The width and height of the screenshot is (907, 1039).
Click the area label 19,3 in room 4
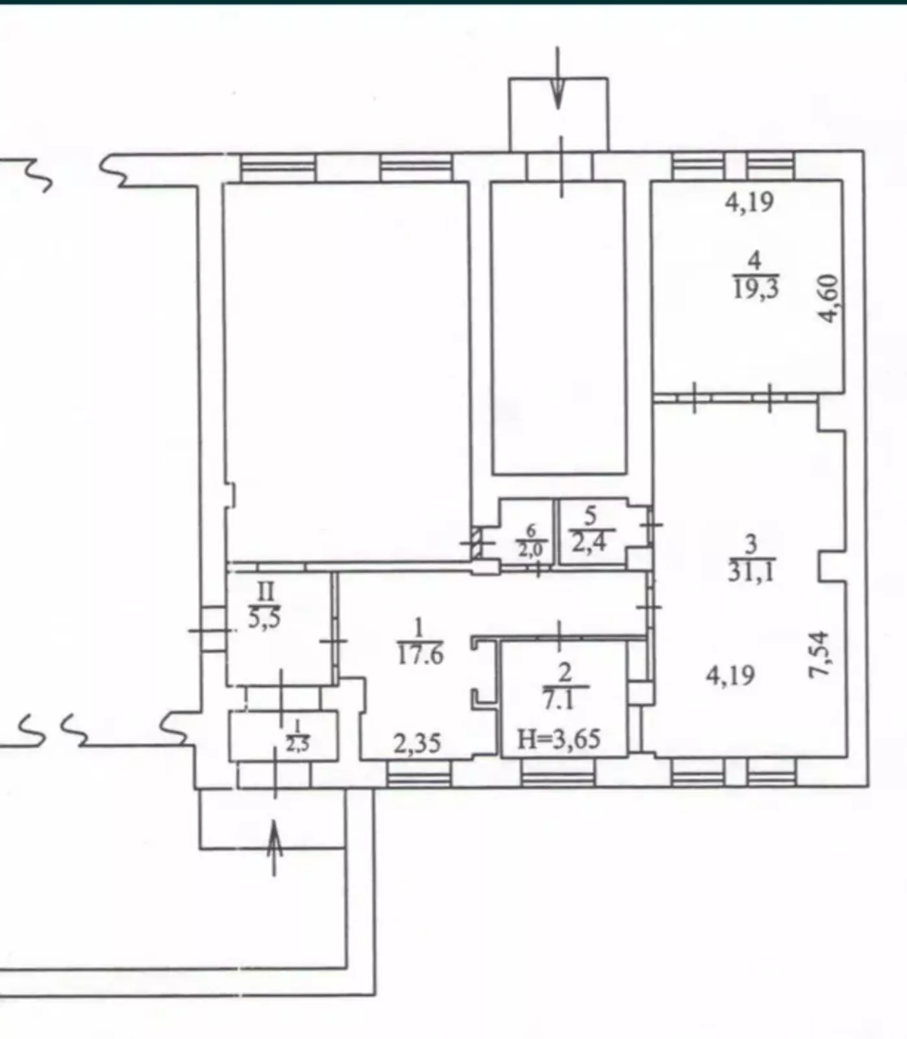(x=756, y=288)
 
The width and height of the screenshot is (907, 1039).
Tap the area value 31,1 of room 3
(x=751, y=571)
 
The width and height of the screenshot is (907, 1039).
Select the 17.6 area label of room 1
(x=420, y=654)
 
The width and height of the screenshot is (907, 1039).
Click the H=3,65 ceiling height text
(x=559, y=739)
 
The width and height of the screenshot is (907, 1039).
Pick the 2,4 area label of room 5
(x=589, y=540)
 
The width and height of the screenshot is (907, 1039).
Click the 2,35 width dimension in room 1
(x=417, y=743)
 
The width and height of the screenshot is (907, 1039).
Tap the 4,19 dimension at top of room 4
(x=750, y=202)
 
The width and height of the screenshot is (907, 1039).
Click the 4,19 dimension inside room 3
(x=731, y=676)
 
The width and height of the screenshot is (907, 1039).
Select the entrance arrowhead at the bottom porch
(x=275, y=834)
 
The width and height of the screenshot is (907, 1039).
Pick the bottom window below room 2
(x=558, y=773)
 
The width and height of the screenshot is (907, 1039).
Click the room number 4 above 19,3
(x=754, y=261)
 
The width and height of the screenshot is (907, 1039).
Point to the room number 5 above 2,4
(x=590, y=516)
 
